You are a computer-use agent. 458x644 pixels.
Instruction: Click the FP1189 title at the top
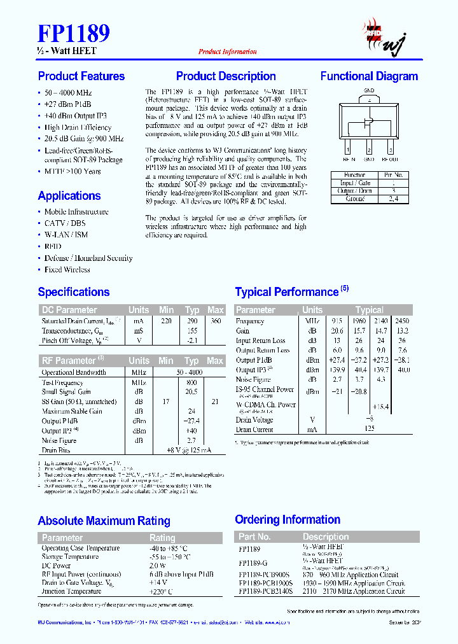tap(74, 33)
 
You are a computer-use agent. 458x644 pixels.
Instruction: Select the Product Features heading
tap(81, 76)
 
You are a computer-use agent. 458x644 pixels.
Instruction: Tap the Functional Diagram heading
tap(369, 76)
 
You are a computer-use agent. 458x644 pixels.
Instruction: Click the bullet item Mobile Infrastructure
tap(76, 212)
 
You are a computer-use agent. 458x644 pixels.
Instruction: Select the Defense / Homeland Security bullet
tap(88, 258)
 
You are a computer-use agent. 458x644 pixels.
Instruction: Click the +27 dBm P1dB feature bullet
tap(67, 104)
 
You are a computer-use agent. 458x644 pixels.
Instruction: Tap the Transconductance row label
tap(71, 331)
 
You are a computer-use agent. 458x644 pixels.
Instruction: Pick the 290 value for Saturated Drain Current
tap(191, 321)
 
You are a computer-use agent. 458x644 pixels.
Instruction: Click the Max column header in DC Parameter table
tap(216, 310)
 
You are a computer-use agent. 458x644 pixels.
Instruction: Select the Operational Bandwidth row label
tap(74, 372)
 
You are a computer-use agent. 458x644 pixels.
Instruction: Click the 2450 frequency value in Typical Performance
tap(402, 321)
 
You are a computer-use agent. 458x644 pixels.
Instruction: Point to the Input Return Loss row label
tap(261, 340)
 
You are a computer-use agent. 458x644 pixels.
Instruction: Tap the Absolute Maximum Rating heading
tap(104, 521)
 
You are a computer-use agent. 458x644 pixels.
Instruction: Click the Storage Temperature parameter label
tap(70, 557)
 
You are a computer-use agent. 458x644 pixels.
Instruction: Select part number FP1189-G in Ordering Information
tap(253, 563)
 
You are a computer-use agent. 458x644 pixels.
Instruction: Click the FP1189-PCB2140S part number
tap(266, 591)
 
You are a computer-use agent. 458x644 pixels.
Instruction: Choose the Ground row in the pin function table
tap(355, 199)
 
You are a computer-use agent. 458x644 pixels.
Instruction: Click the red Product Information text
tap(227, 52)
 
